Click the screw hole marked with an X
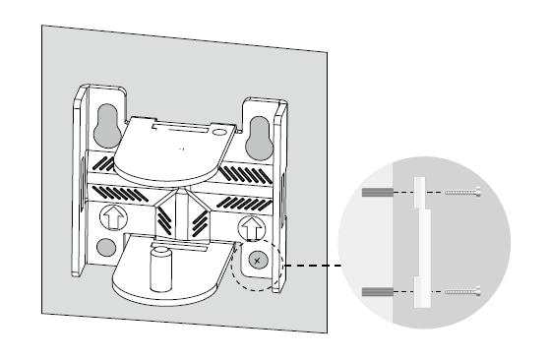click(256, 261)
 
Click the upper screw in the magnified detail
click(460, 192)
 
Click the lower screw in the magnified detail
click(460, 291)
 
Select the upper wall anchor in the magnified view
click(377, 192)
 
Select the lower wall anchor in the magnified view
click(377, 291)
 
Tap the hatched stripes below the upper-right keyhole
click(243, 172)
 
